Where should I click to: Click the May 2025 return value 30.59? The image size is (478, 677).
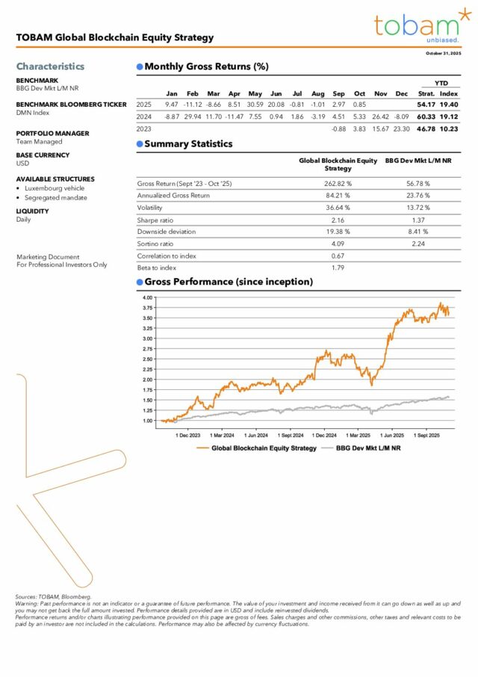255,104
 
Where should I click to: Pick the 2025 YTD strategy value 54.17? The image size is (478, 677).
426,104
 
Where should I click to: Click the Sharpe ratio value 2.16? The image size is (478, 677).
338,220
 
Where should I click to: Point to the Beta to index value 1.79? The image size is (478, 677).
338,268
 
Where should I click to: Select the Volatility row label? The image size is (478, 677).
149,208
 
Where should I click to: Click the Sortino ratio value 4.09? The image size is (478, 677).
338,244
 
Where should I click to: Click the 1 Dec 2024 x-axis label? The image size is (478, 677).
326,434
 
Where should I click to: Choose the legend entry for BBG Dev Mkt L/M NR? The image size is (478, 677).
368,448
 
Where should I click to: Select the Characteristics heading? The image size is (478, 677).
50,66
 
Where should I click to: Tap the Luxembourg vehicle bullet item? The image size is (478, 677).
54,188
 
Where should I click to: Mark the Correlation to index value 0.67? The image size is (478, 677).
338,256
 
